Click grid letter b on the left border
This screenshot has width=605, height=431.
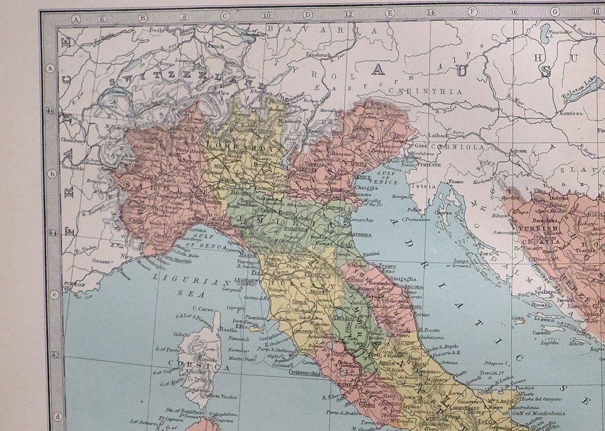(x=53, y=174)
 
